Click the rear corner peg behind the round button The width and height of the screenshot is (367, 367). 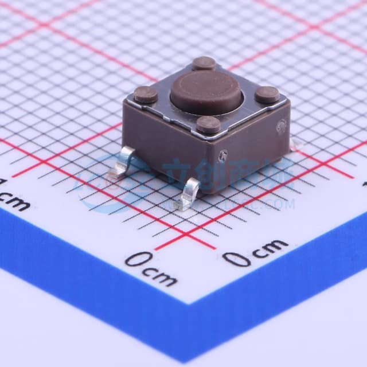click(x=204, y=63)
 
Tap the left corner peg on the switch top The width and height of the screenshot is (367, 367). click(x=146, y=95)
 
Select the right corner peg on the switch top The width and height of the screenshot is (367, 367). click(x=267, y=94)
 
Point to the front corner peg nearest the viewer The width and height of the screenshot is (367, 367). click(x=208, y=124)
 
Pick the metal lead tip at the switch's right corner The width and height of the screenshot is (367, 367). click(x=295, y=146)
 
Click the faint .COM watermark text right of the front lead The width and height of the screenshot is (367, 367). click(x=281, y=204)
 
